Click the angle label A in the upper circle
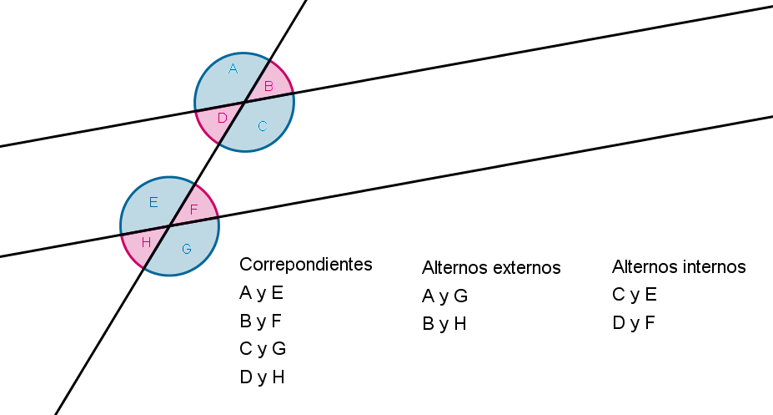pyautogui.click(x=233, y=68)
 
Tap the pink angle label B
pyautogui.click(x=269, y=86)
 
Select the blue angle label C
pyautogui.click(x=263, y=126)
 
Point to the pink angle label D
pyautogui.click(x=223, y=118)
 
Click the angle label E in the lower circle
pyautogui.click(x=153, y=202)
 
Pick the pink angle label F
pyautogui.click(x=193, y=210)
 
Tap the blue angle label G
pyautogui.click(x=186, y=249)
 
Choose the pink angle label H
pyautogui.click(x=146, y=242)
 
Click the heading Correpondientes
pyautogui.click(x=306, y=265)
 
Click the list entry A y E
pyautogui.click(x=261, y=293)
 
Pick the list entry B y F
pyautogui.click(x=260, y=321)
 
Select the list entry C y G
pyautogui.click(x=263, y=349)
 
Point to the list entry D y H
pyautogui.click(x=263, y=377)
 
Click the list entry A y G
pyautogui.click(x=444, y=296)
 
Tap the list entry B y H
pyautogui.click(x=444, y=324)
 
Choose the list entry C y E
pyautogui.click(x=635, y=295)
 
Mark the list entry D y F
pyautogui.click(x=634, y=323)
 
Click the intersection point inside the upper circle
pyautogui.click(x=244, y=102)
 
